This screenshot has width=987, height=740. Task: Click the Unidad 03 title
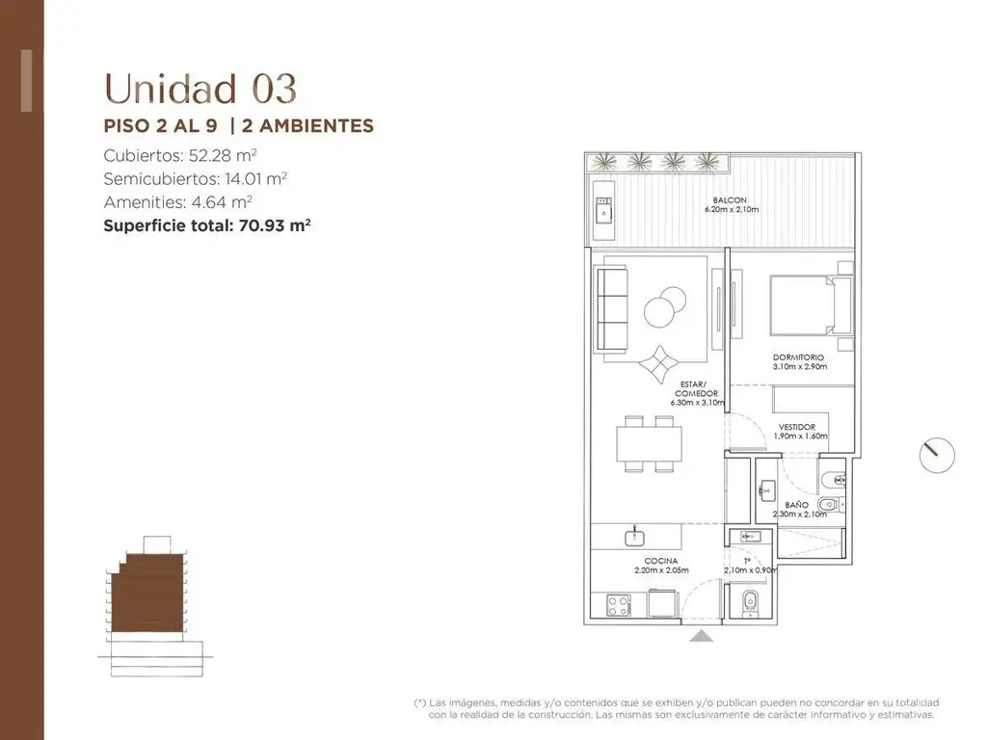point(200,89)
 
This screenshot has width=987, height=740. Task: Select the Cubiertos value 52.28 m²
point(223,155)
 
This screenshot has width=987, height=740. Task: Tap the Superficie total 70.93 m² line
point(207,225)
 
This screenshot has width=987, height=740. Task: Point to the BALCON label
point(731,200)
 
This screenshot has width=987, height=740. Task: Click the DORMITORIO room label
point(798,357)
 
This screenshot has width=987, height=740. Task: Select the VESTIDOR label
point(797,427)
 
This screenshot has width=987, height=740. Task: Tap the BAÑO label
point(796,505)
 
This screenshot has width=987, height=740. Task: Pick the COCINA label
point(661,561)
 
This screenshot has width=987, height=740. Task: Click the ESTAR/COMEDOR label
point(696,389)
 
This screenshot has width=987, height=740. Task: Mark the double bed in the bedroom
point(812,305)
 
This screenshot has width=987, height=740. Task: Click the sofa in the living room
point(612,308)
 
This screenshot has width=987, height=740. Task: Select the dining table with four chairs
point(649,444)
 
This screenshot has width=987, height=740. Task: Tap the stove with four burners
point(618,605)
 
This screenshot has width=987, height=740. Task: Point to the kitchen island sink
point(634,538)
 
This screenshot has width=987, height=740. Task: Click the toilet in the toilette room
point(750,602)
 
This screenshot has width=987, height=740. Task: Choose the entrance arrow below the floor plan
point(701,636)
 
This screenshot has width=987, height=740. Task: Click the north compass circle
point(937,456)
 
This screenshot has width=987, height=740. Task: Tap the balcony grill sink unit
point(604,210)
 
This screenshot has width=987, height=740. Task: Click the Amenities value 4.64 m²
point(223,202)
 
